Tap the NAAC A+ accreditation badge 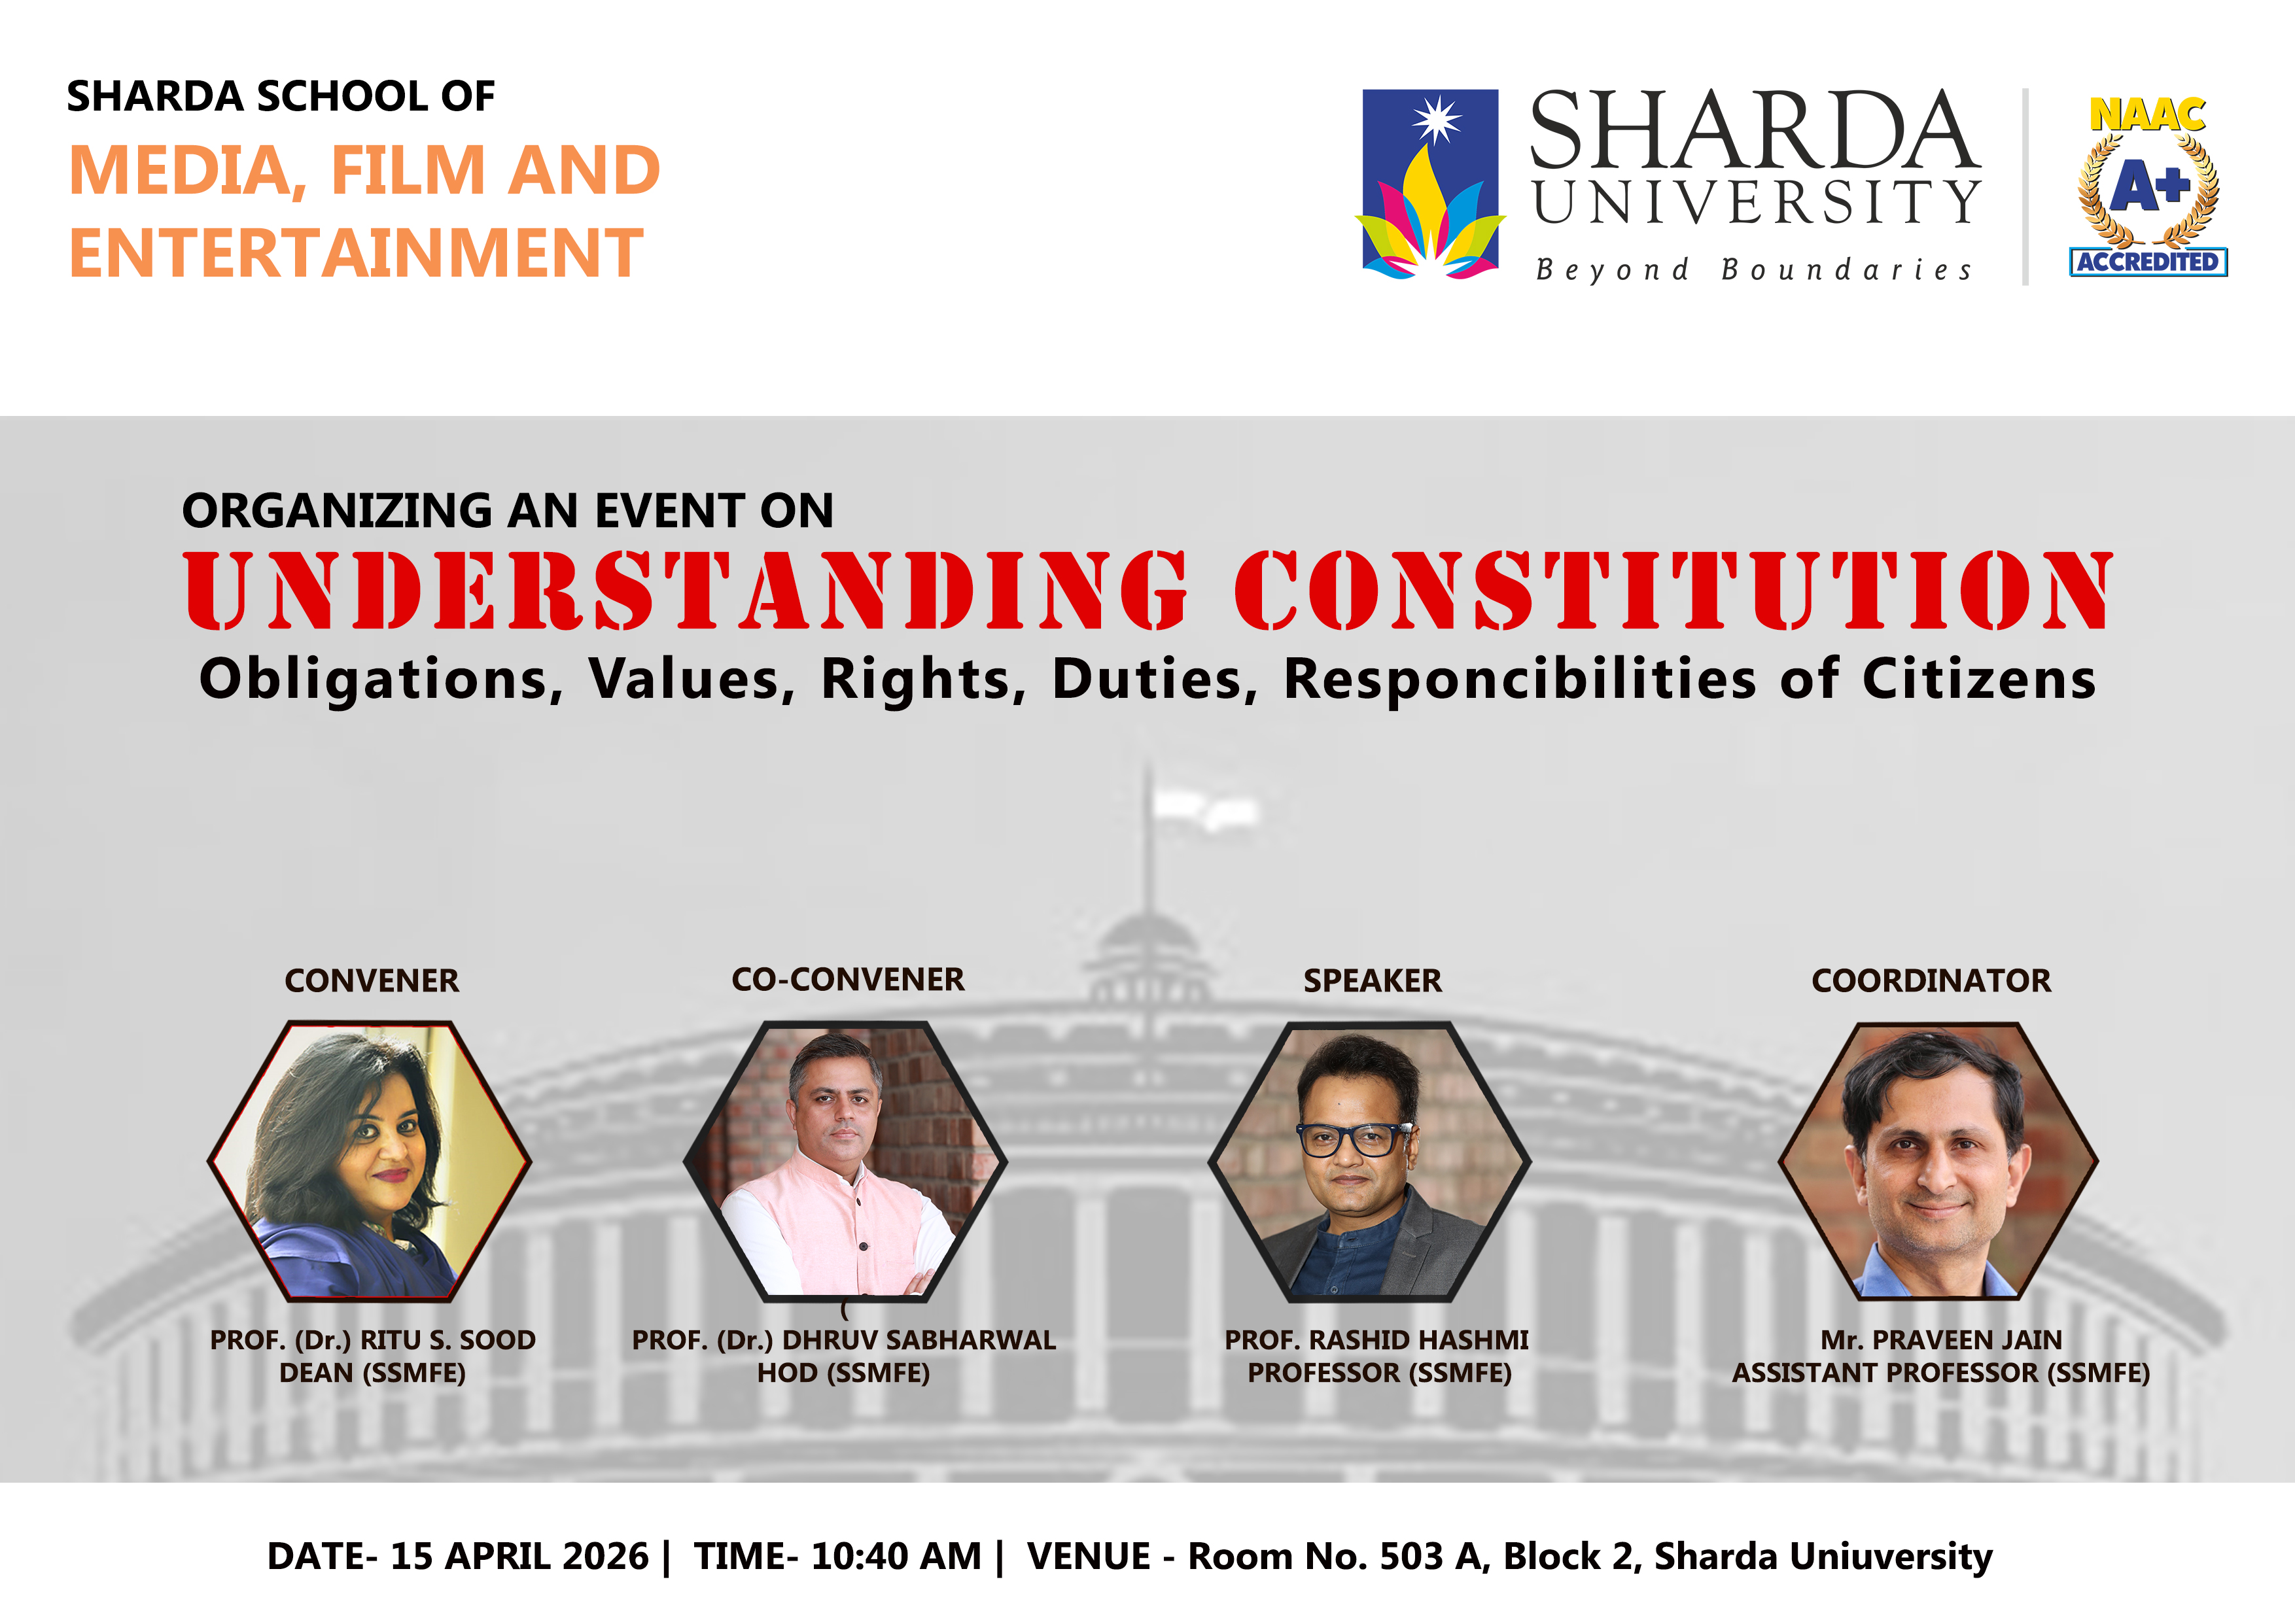[x=2148, y=186]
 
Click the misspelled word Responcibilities [x=1519, y=680]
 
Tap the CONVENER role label [x=372, y=980]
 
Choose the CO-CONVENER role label [x=848, y=979]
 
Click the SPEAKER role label [x=1373, y=980]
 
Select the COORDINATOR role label [x=1931, y=980]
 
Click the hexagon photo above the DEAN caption [x=370, y=1160]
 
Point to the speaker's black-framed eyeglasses [x=1354, y=1139]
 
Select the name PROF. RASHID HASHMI [x=1376, y=1340]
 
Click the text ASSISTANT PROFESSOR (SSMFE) [x=1941, y=1373]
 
